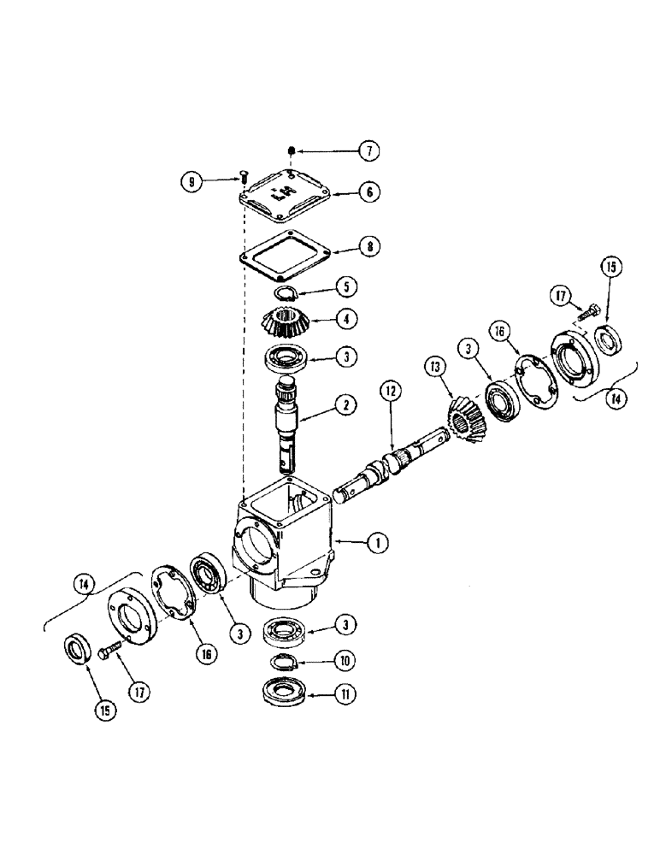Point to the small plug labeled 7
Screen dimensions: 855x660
point(291,151)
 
